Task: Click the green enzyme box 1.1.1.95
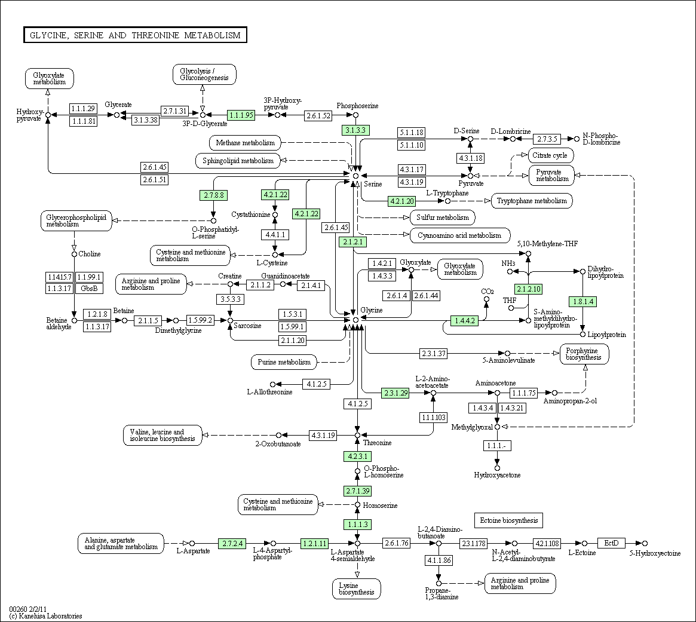[241, 115]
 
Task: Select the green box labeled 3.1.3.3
[355, 130]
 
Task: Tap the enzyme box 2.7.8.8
[213, 195]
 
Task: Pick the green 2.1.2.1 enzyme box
[352, 242]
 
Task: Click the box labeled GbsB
[89, 289]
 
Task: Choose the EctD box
[611, 543]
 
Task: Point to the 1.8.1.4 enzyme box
[582, 302]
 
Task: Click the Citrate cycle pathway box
[550, 155]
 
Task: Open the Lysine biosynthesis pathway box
[357, 589]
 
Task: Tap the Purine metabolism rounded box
[284, 362]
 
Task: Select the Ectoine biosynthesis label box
[508, 520]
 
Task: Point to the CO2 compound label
[486, 291]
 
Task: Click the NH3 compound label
[508, 263]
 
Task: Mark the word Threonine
[378, 443]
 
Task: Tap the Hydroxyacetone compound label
[497, 475]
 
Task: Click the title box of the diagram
[135, 35]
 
